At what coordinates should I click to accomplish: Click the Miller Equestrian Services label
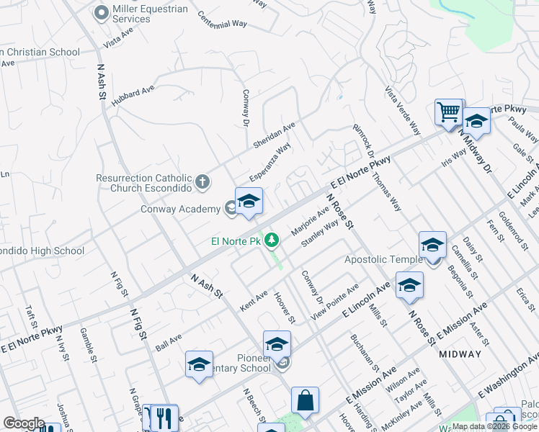(x=150, y=14)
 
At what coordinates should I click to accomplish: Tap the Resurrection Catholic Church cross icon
(x=202, y=182)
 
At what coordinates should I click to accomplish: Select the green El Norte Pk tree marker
(x=272, y=240)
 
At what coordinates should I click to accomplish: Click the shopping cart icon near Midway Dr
(x=448, y=112)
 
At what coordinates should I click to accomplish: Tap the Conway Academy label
(x=179, y=210)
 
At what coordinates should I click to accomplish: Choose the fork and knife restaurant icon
(x=165, y=417)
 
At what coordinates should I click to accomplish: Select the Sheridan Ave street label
(x=274, y=135)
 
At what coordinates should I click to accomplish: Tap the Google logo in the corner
(x=24, y=423)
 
